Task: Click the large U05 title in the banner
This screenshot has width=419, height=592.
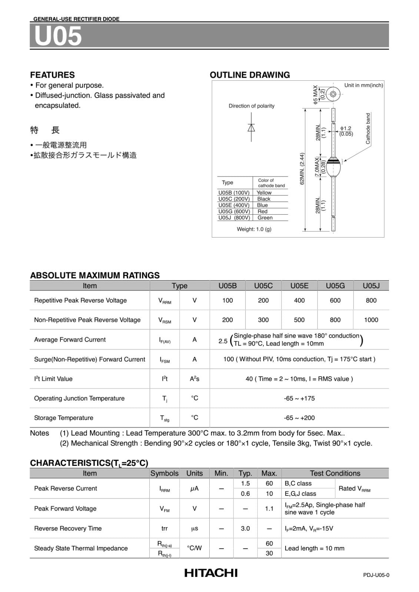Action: (58, 36)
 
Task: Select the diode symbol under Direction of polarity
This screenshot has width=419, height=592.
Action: (251, 128)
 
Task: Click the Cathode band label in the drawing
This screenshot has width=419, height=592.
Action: (368, 128)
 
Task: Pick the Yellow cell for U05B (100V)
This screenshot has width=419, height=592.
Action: (264, 192)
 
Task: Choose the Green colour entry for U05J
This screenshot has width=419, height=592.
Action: (265, 218)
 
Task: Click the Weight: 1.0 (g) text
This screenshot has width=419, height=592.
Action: (254, 229)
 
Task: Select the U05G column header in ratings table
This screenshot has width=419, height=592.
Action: (335, 286)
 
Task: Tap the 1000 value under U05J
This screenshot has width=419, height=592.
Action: (371, 320)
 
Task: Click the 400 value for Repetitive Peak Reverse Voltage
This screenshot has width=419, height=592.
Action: (299, 300)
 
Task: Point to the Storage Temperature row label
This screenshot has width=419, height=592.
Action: (63, 418)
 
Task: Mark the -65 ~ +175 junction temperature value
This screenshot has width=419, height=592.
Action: (299, 398)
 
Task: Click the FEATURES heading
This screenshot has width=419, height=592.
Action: (52, 75)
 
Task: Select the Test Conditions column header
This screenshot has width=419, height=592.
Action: (335, 473)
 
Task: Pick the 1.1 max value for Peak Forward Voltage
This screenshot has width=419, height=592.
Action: (269, 508)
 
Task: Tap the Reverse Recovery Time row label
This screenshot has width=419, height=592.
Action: (68, 528)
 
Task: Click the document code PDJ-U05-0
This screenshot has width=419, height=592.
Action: (376, 575)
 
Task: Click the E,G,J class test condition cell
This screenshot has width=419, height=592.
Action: (300, 494)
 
